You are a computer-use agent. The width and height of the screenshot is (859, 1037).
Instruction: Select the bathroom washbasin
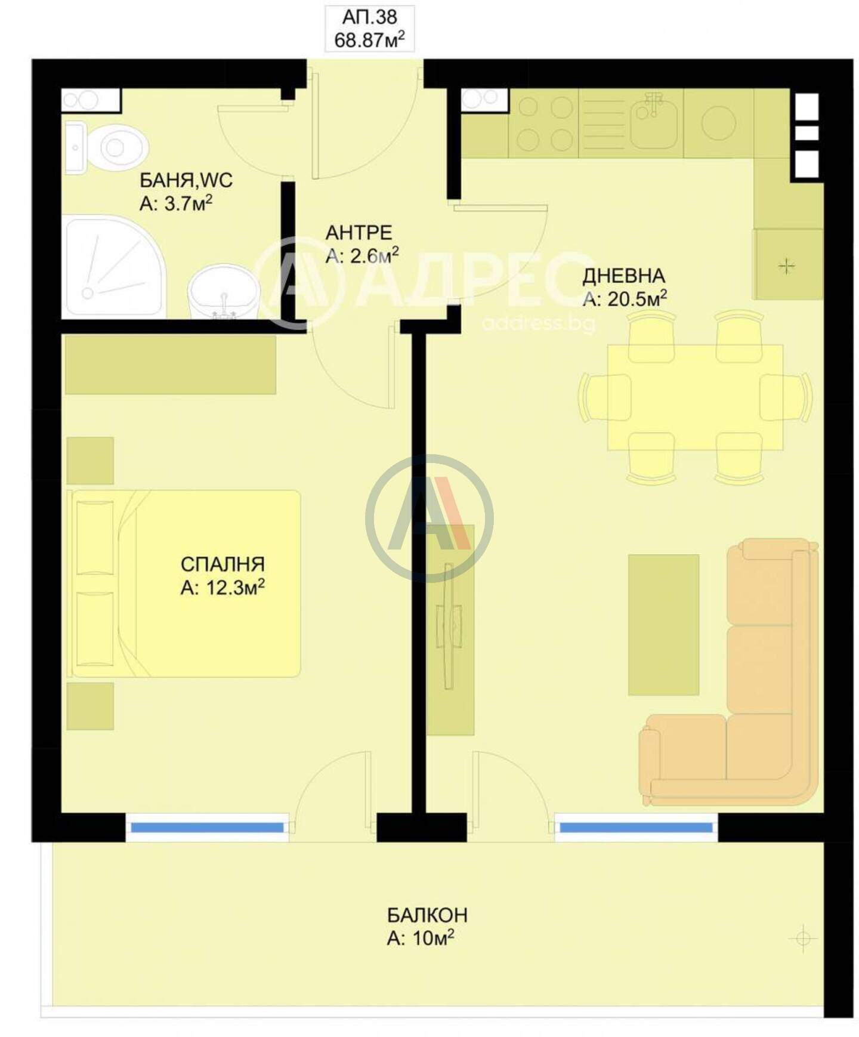224,292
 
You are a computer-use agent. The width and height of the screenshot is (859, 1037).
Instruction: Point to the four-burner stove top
545,124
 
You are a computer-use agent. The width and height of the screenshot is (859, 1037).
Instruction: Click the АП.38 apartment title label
370,16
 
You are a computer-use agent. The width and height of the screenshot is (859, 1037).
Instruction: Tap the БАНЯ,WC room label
186,180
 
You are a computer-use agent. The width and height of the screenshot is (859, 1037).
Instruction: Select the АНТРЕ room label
359,232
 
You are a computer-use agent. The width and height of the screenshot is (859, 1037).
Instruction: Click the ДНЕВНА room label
623,276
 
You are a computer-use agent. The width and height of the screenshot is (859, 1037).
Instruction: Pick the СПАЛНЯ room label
223,564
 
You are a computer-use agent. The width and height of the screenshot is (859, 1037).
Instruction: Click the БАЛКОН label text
427,915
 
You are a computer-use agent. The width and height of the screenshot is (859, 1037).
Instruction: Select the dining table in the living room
695,397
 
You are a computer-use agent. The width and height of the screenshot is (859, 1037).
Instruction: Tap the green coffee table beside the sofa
663,625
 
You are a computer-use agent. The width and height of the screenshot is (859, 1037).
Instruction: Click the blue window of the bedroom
207,828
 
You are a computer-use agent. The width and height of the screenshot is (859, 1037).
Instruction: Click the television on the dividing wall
449,626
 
